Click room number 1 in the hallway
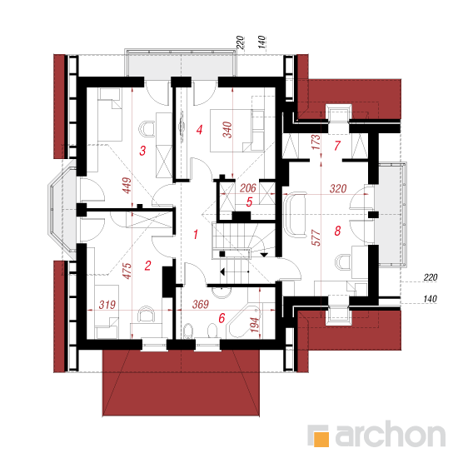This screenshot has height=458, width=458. tap(196, 234)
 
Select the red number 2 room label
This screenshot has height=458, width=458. tap(147, 266)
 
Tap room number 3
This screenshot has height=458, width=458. tap(142, 151)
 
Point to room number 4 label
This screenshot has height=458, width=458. tap(200, 129)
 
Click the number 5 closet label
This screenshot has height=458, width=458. tap(249, 202)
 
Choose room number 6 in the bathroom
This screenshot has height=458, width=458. tap(222, 318)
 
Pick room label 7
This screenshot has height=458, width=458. tap(337, 146)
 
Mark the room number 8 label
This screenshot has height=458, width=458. tap(337, 231)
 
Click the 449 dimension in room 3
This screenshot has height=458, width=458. tap(127, 185)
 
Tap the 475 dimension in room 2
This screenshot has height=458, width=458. tap(127, 271)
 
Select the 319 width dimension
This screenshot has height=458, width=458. tap(107, 305)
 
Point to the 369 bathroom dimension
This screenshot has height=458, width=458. tap(201, 304)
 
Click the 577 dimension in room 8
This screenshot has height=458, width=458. tap(316, 237)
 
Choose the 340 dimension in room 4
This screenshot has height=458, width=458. tap(227, 129)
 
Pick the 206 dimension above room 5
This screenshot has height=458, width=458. tap(248, 188)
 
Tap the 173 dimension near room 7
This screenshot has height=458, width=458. tap(316, 142)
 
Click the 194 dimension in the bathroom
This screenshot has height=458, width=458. tap(255, 325)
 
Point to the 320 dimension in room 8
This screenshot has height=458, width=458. tap(338, 189)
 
